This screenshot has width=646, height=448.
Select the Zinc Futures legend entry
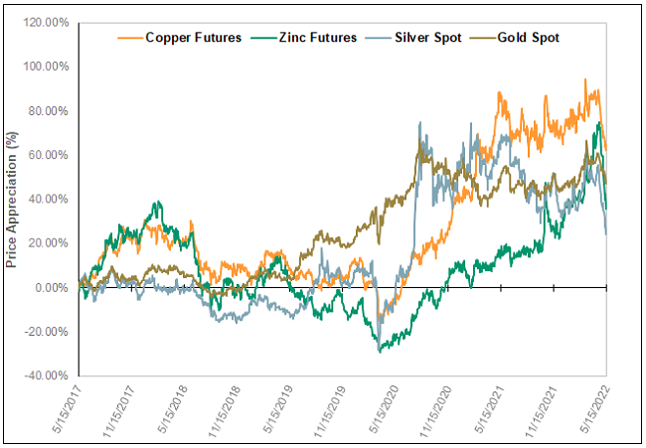pyautogui.click(x=299, y=38)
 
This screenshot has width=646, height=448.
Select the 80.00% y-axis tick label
pyautogui.click(x=48, y=111)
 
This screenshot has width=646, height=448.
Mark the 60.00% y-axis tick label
pyautogui.click(x=48, y=155)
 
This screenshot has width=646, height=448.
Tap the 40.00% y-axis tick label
pyautogui.click(x=48, y=199)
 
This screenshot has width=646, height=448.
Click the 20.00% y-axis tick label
pyautogui.click(x=48, y=243)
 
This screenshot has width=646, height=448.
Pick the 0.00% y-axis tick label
pyautogui.click(x=51, y=287)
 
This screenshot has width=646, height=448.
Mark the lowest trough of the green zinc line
pyautogui.click(x=379, y=352)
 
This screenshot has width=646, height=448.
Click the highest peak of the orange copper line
pyautogui.click(x=585, y=79)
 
